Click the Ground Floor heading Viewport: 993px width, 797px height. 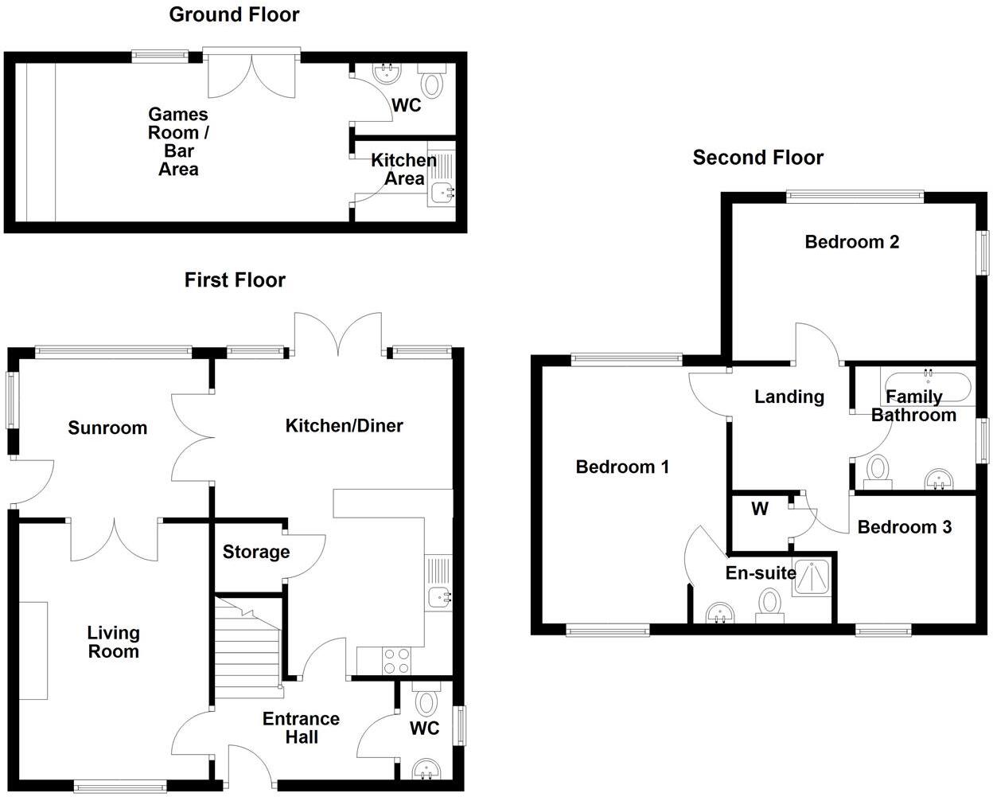tap(234, 14)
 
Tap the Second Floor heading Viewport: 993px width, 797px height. tap(757, 158)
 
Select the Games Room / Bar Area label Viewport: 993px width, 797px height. tap(178, 142)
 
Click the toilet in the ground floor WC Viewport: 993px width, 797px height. tap(433, 83)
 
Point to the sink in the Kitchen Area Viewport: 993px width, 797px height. tap(440, 192)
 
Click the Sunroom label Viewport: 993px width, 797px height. tap(107, 428)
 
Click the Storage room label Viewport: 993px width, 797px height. tap(255, 552)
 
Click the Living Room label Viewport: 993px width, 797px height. tap(113, 642)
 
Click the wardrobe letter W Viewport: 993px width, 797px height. tap(759, 509)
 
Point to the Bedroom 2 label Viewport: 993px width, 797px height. tap(851, 242)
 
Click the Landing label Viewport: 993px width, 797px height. tap(789, 397)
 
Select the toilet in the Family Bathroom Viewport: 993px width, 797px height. tap(878, 470)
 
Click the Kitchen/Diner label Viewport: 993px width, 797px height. tap(344, 426)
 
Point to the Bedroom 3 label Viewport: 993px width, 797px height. tap(904, 527)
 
